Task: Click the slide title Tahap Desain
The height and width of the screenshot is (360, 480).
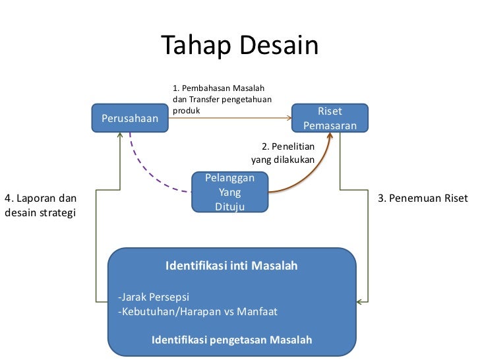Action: (x=239, y=45)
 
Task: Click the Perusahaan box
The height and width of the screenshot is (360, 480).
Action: (x=129, y=119)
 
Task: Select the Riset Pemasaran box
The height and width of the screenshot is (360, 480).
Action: (x=330, y=119)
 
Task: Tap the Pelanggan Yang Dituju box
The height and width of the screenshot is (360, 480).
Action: (x=229, y=193)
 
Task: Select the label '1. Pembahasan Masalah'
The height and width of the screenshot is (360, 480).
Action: (x=218, y=88)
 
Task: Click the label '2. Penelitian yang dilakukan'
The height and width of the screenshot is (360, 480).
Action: (x=283, y=153)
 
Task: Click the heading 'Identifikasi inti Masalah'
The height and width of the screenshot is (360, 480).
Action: (x=231, y=266)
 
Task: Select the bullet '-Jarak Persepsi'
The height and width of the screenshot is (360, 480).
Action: (x=154, y=296)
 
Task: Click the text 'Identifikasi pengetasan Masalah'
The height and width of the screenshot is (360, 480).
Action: (x=231, y=340)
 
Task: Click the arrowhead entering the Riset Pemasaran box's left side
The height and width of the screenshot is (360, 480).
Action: (x=289, y=119)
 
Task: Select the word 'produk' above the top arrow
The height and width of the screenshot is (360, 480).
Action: (x=186, y=111)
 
